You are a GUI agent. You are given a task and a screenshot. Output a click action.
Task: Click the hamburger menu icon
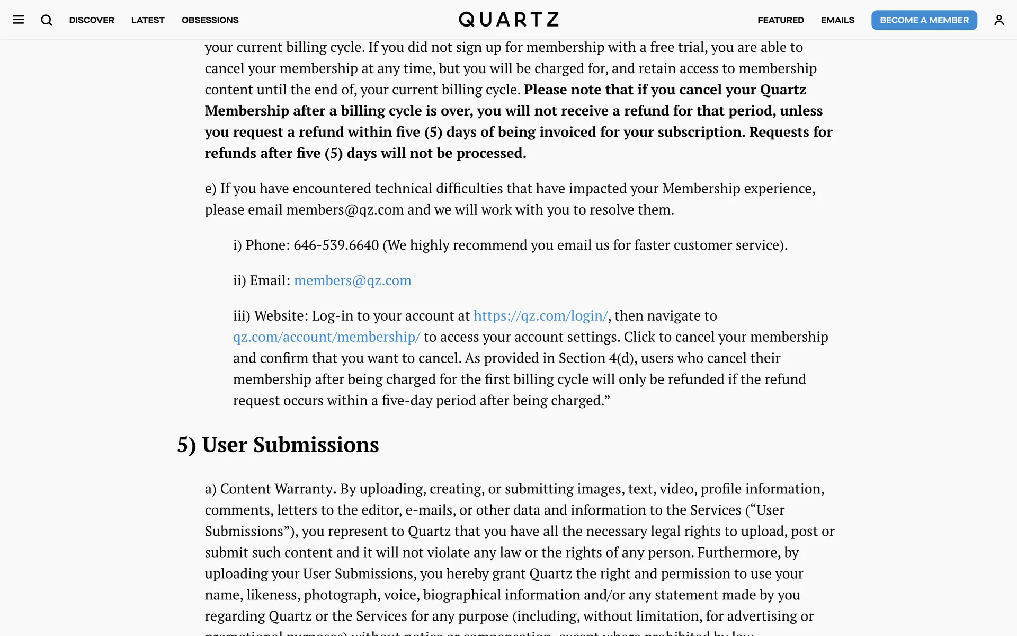[19, 20]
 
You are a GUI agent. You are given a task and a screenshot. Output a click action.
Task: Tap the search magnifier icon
[47, 20]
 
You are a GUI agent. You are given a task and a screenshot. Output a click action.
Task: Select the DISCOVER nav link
[92, 20]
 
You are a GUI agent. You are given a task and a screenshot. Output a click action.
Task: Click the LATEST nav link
[148, 20]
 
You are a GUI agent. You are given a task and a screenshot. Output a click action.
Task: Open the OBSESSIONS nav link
[210, 20]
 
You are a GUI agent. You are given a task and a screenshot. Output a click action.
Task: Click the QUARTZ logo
[508, 20]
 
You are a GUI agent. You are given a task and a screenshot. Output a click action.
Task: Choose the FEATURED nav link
[780, 20]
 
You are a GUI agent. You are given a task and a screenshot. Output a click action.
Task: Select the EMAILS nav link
[837, 20]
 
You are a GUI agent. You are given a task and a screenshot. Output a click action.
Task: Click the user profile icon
[998, 20]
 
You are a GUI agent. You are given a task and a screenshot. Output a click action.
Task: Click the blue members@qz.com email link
[352, 280]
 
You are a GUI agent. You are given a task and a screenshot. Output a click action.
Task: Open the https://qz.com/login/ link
[540, 316]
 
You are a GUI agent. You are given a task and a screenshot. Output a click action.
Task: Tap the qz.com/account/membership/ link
[326, 337]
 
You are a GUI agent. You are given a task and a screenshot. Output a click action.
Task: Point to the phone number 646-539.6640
[336, 245]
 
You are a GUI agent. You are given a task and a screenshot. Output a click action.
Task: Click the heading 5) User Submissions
[278, 445]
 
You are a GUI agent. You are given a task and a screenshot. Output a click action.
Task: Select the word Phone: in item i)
[267, 245]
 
